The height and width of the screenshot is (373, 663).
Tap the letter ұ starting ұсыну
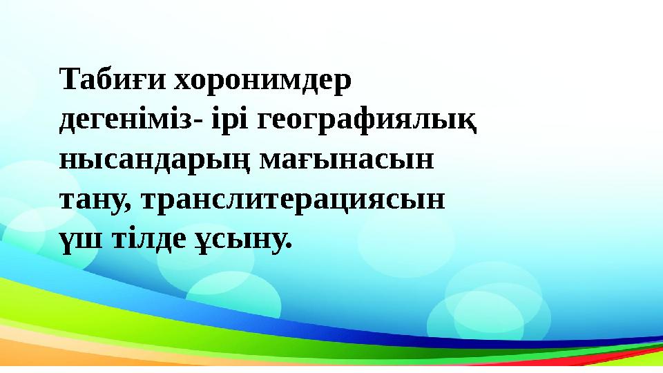200,241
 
